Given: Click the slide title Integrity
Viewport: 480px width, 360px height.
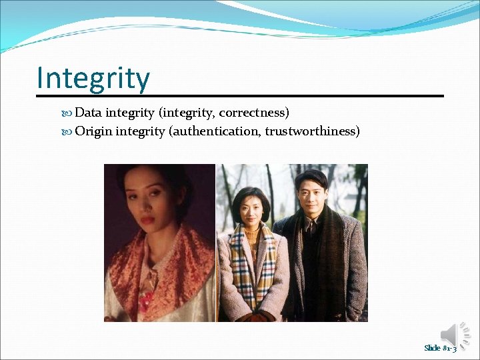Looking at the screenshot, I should pyautogui.click(x=93, y=78).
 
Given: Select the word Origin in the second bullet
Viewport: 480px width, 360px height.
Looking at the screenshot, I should pyautogui.click(x=93, y=131).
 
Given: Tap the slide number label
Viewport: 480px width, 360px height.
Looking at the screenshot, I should pyautogui.click(x=440, y=348).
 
